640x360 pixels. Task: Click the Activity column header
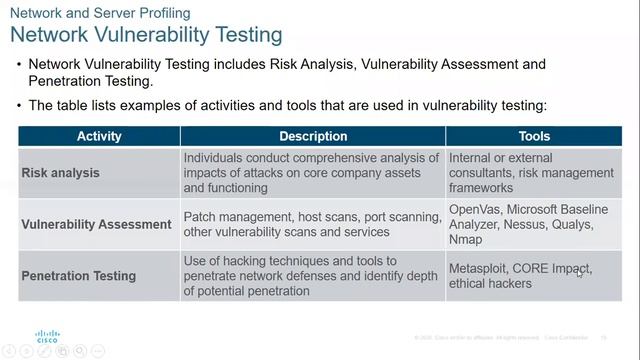coord(98,136)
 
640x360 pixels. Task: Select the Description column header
coord(313,136)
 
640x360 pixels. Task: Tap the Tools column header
coord(534,136)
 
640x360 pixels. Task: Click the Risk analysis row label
coord(60,173)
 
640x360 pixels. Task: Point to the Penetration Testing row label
coord(79,276)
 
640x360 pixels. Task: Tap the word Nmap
coord(466,240)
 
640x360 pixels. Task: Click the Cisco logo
coord(47,336)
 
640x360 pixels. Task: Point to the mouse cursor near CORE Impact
coord(580,272)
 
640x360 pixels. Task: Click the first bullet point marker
coord(19,65)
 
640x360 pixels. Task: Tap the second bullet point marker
coord(19,106)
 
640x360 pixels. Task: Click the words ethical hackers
coord(490,284)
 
